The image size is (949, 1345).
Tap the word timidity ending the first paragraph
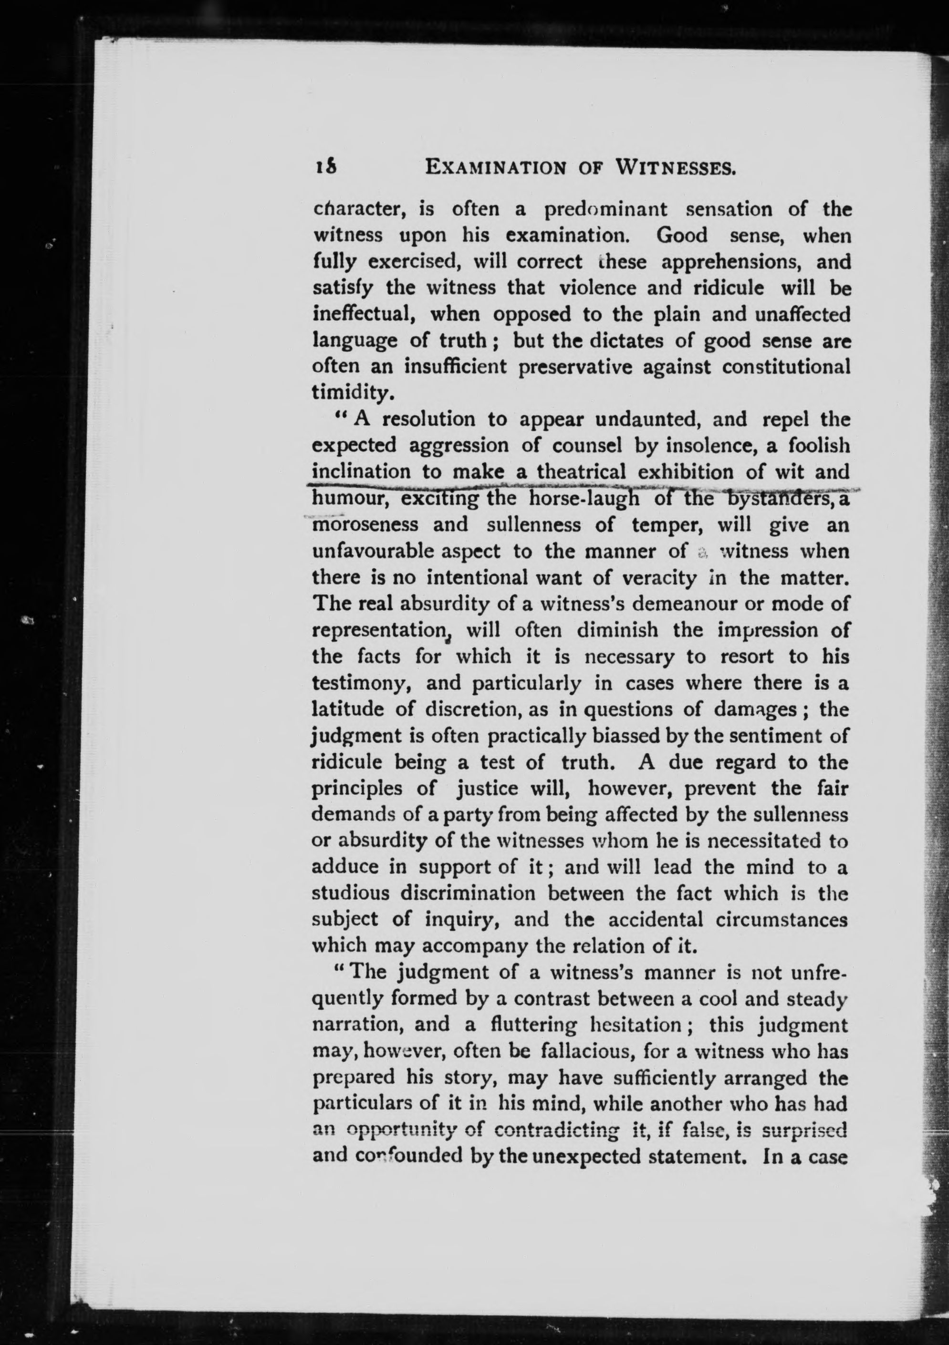[x=349, y=392]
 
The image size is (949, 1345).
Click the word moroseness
[x=365, y=525]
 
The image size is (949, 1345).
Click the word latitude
[x=348, y=709]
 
